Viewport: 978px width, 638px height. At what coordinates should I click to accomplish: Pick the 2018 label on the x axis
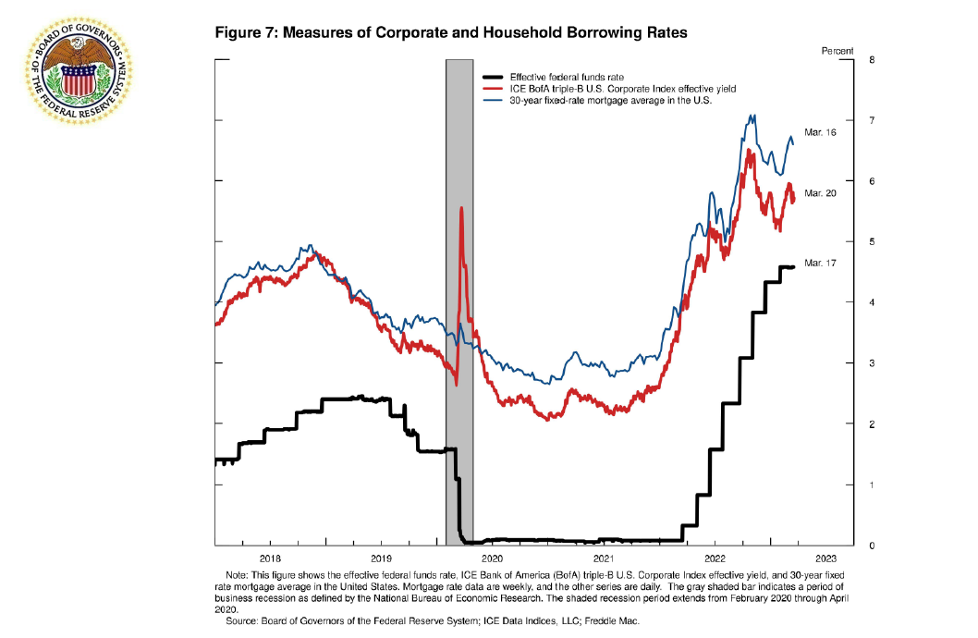click(271, 558)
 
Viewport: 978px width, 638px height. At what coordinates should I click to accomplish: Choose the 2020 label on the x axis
click(492, 558)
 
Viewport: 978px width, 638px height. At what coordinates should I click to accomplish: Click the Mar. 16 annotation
click(820, 133)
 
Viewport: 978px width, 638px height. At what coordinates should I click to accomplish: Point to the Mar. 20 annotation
click(820, 192)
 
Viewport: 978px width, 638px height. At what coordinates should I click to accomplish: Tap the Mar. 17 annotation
click(820, 264)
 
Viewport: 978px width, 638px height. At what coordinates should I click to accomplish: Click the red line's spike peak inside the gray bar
click(460, 208)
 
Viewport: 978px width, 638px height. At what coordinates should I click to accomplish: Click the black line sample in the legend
click(493, 77)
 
